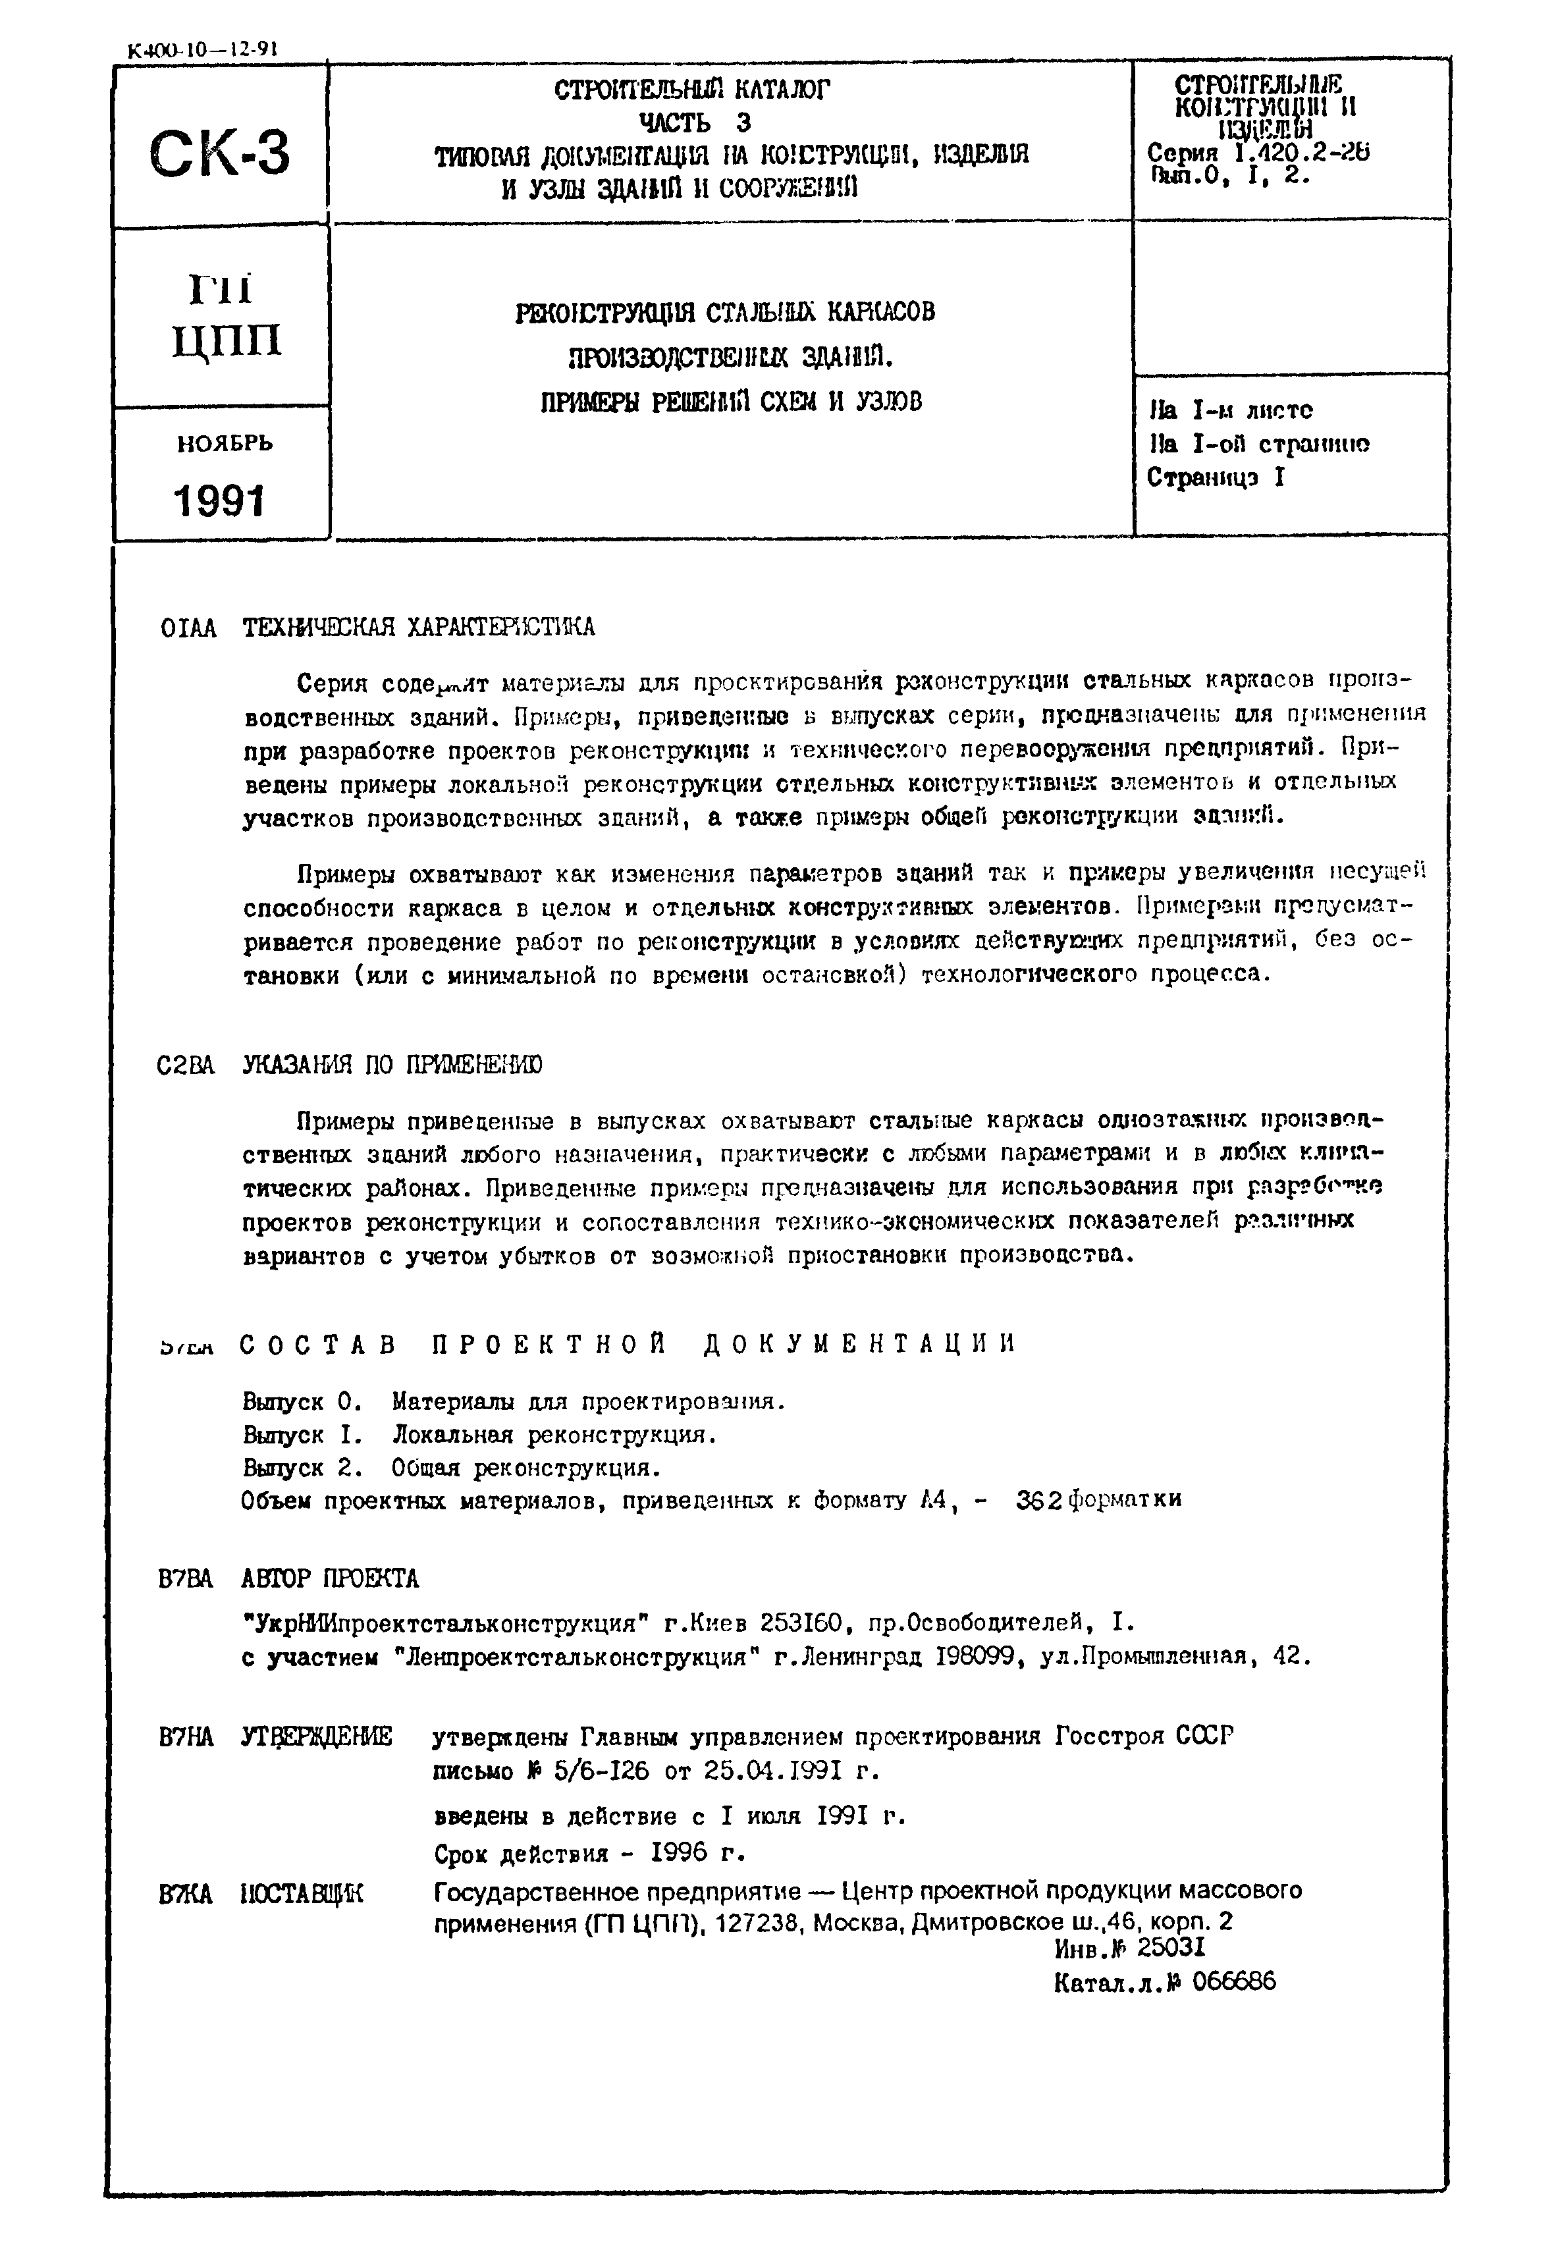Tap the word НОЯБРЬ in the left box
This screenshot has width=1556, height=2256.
click(x=225, y=444)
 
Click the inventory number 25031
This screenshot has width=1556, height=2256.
click(x=1171, y=1948)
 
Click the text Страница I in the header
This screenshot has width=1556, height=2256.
click(x=1216, y=477)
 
